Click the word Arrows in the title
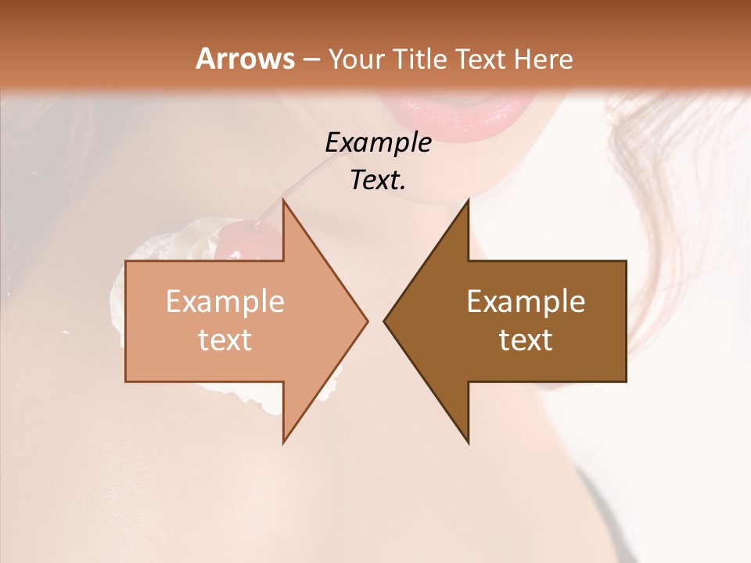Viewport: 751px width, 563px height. click(245, 59)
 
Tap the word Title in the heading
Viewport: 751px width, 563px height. click(420, 59)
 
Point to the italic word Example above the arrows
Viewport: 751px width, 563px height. click(378, 143)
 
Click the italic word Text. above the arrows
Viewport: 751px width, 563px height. click(378, 181)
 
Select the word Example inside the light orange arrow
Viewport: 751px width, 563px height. click(225, 302)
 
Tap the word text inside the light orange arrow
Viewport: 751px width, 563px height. click(225, 340)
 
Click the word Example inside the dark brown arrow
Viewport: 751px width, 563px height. click(526, 302)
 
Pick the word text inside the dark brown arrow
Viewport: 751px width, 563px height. click(526, 340)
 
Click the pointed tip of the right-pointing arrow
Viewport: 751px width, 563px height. click(366, 321)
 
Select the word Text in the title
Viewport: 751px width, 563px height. click(481, 59)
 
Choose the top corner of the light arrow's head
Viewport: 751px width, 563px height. click(283, 202)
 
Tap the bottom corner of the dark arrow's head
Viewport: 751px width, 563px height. click(468, 442)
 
